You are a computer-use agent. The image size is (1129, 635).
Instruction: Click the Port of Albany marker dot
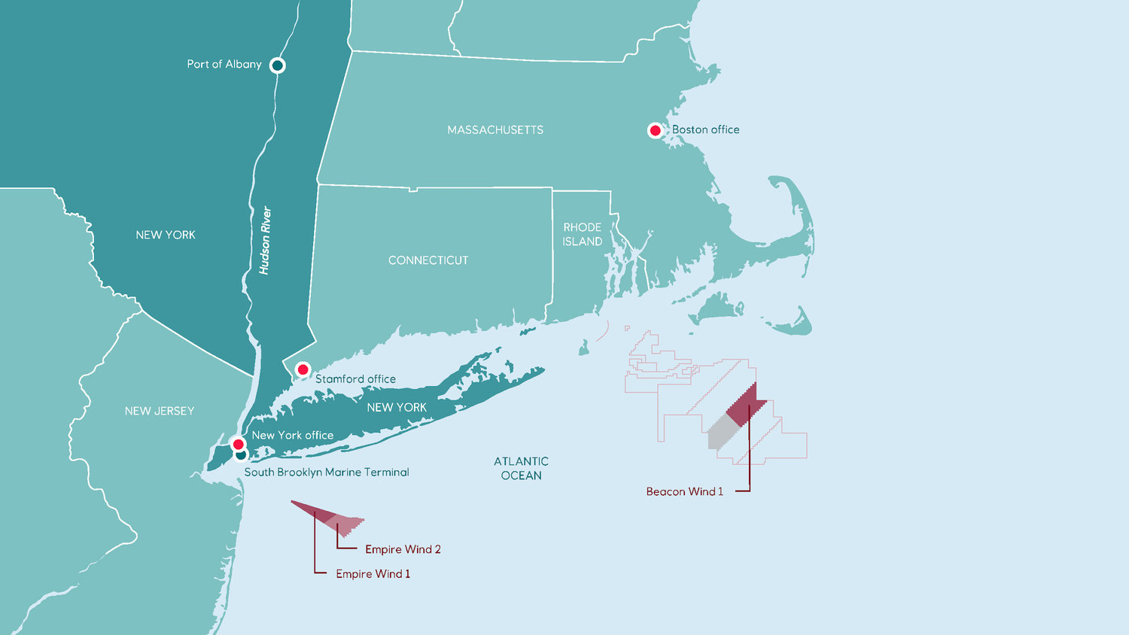click(277, 65)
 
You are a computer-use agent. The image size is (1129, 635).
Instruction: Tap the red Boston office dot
click(655, 130)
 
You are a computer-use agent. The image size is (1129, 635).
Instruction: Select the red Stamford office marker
click(303, 369)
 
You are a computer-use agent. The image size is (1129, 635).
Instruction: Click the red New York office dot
click(238, 444)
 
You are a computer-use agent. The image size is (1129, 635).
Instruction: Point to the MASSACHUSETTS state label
click(495, 130)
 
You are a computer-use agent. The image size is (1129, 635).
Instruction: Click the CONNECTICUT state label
click(428, 260)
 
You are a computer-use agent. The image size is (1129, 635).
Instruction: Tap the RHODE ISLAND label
click(583, 234)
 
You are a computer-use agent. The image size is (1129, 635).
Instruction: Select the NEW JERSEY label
click(160, 411)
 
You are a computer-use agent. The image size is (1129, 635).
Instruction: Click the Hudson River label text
click(265, 241)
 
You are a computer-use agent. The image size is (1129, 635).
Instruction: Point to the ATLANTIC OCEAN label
click(521, 468)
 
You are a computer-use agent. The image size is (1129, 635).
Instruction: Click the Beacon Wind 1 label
click(684, 491)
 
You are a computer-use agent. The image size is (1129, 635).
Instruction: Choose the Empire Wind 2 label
click(403, 549)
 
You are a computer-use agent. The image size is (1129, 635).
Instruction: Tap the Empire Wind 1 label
click(373, 574)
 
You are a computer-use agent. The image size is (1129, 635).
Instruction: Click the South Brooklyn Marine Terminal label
click(327, 472)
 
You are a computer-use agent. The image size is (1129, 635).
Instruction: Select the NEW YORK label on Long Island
click(397, 408)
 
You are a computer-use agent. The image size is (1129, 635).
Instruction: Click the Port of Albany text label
click(224, 65)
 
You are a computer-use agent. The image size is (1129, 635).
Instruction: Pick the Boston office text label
click(705, 130)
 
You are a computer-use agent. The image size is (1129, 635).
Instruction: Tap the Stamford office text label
click(355, 379)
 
